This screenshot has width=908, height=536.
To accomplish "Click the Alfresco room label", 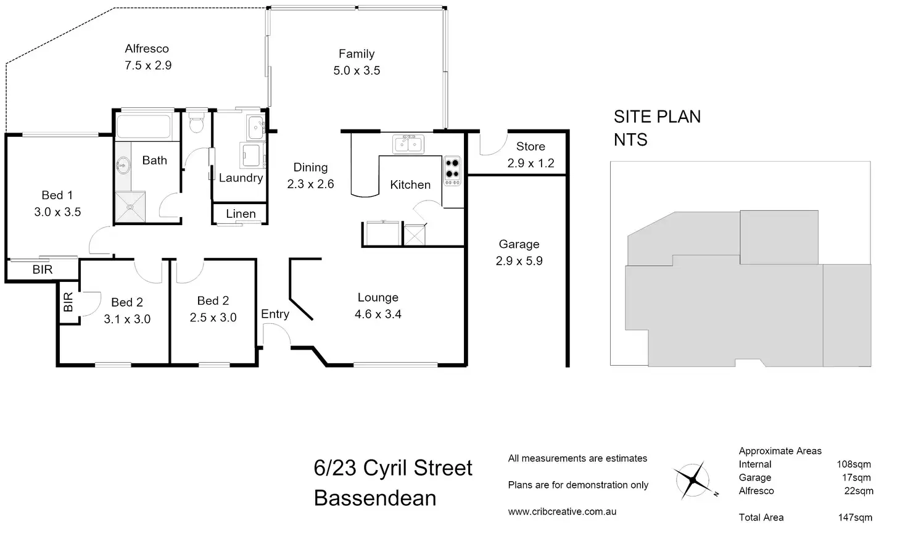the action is click(146, 49).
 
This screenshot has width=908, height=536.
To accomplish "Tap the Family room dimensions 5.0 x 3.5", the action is click(357, 70).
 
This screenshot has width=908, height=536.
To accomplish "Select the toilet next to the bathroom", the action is click(197, 123).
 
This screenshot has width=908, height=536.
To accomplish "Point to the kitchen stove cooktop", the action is click(452, 170).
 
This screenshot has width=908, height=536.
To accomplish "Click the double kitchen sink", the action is click(408, 144).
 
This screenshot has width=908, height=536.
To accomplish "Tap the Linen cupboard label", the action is click(241, 213).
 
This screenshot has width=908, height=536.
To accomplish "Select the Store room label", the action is click(530, 146).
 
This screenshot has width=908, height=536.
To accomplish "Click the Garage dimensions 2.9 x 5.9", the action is click(519, 261).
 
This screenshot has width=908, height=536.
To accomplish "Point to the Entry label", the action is click(275, 314).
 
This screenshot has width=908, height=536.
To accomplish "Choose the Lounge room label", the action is click(378, 297).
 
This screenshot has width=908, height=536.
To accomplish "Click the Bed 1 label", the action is click(57, 195).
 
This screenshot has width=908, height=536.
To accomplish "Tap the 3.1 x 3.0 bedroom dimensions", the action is click(127, 319).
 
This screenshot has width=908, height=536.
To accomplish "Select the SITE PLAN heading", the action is click(657, 117).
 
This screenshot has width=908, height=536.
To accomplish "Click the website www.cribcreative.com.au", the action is click(562, 511).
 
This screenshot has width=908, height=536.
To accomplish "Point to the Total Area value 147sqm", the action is click(855, 517).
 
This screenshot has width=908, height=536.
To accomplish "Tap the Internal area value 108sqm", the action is click(854, 464).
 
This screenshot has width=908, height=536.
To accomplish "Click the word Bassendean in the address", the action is click(375, 498).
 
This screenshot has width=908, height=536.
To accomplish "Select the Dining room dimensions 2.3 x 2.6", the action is click(310, 184).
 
